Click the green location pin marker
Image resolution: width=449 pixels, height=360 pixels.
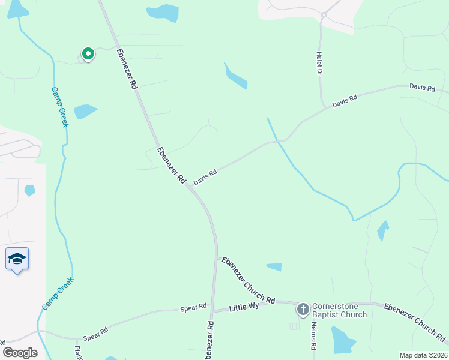(88, 55)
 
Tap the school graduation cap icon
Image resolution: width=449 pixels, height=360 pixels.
(17, 259)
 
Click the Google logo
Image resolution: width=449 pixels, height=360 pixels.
(20, 352)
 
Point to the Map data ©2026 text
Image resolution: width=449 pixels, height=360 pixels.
(423, 355)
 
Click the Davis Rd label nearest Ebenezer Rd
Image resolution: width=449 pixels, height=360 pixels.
(205, 176)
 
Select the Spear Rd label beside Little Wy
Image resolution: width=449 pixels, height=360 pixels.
(193, 308)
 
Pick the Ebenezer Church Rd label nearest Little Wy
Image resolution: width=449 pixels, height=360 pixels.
(248, 280)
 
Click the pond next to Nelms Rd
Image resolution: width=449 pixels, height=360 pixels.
(343, 340)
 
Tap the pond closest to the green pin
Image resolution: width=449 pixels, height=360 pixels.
(85, 112)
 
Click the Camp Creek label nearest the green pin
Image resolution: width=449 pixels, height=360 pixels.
(59, 107)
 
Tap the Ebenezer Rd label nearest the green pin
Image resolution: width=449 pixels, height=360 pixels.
(127, 69)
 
